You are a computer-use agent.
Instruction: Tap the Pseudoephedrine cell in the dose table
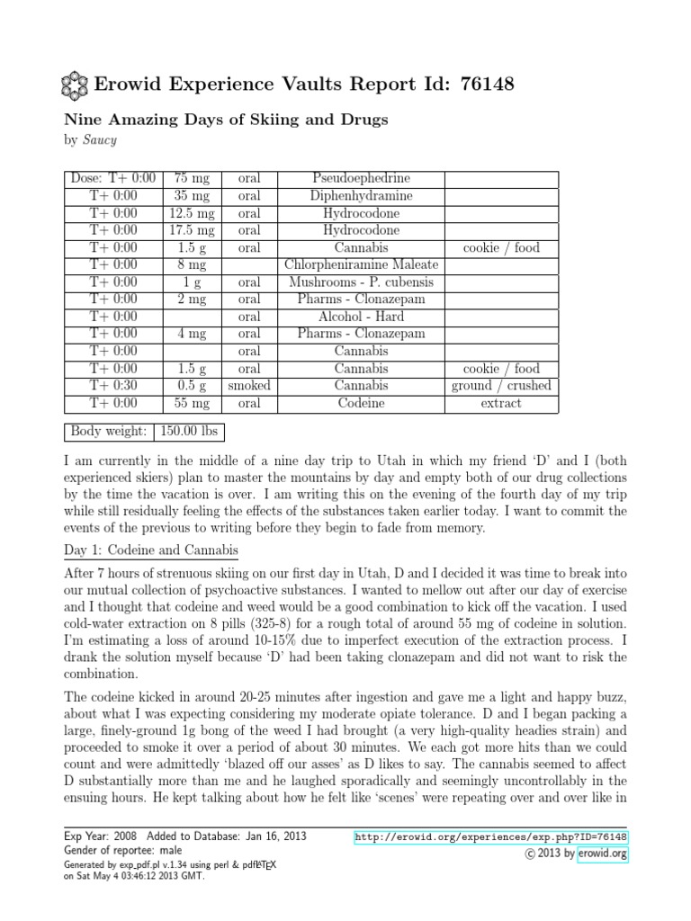pos(360,178)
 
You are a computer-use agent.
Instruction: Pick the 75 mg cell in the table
pos(192,178)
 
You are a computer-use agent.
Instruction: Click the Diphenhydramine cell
pos(360,196)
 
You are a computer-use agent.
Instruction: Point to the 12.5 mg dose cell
pos(192,213)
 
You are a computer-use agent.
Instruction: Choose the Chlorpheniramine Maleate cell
pos(360,264)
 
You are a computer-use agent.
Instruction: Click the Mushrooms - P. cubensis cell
pos(360,282)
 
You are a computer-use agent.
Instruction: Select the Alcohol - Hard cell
pos(360,317)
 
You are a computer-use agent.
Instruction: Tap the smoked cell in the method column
pos(249,386)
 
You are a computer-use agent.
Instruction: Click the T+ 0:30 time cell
pos(113,386)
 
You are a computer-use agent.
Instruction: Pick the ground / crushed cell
pos(501,386)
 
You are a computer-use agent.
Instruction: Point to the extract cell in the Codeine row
pos(501,403)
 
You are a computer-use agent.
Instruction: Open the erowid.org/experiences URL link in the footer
pos(491,837)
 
